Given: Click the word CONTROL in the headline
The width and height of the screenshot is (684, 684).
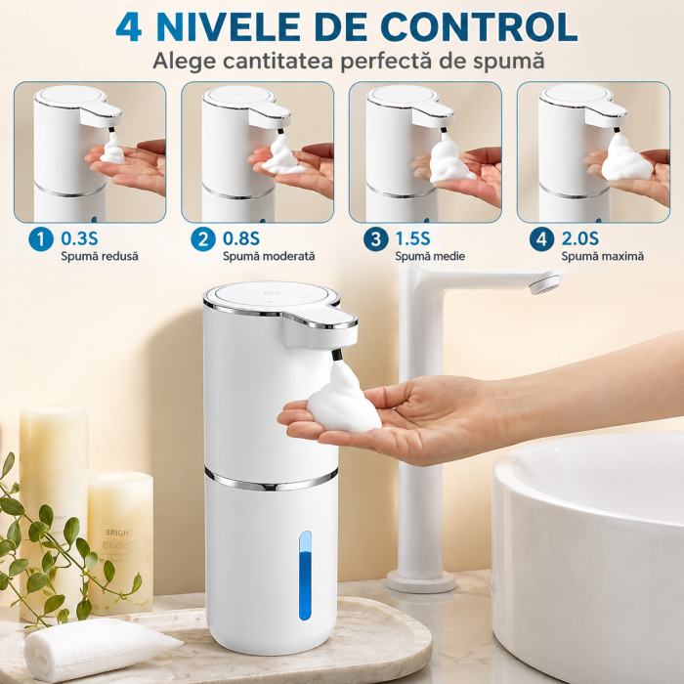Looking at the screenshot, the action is click(x=479, y=27).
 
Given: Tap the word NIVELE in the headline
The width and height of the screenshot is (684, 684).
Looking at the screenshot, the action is click(x=229, y=27).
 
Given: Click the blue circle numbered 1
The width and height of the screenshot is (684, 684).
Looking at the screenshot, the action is click(x=41, y=239).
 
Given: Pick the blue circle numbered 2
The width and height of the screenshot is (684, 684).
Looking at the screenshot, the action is click(x=203, y=239).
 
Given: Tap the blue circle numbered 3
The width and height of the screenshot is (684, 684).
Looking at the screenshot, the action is click(x=375, y=239).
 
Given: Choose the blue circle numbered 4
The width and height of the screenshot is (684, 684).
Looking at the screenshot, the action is click(x=541, y=239).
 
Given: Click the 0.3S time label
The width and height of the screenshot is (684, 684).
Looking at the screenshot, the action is click(x=79, y=238).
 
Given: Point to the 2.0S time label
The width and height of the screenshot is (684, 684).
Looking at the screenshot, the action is click(x=579, y=238).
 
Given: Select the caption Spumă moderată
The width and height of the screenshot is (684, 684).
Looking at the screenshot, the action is click(x=269, y=256).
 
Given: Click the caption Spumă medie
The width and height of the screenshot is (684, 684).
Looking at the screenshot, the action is click(x=430, y=256).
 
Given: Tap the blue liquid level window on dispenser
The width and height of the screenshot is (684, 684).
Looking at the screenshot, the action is click(x=305, y=576).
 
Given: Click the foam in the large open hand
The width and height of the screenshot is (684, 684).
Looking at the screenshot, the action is click(x=343, y=400).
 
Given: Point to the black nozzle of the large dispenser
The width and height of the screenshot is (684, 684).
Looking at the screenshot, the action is click(x=336, y=354).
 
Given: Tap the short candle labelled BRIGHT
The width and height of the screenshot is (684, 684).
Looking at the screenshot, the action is click(x=120, y=542).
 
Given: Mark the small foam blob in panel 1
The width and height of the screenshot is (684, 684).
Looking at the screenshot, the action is click(x=112, y=150).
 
